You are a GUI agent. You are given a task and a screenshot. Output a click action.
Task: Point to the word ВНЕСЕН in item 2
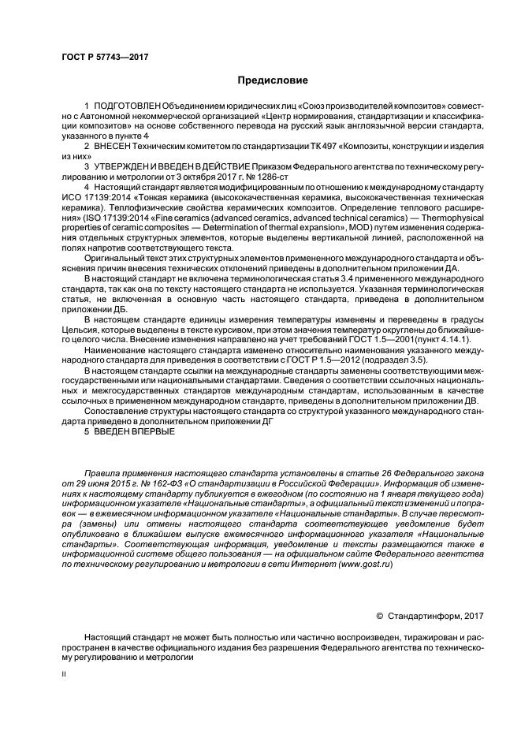point(112,147)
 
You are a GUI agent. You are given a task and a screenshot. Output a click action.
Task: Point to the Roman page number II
point(65,676)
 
